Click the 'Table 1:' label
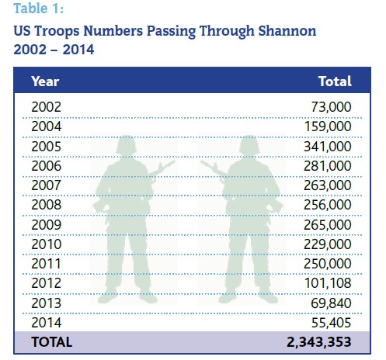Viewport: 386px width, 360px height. (38, 8)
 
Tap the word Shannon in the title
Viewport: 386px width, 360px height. (287, 31)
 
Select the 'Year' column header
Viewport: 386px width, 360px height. (45, 81)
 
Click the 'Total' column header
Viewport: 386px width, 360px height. (335, 81)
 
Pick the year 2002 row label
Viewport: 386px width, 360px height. (46, 107)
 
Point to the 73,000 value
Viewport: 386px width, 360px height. (331, 107)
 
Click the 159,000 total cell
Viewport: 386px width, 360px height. (328, 126)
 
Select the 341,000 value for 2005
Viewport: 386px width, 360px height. (328, 147)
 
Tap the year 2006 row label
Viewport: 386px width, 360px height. (46, 166)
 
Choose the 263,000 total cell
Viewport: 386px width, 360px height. (328, 185)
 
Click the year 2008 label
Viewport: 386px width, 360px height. (46, 205)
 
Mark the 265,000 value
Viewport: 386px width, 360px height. (328, 225)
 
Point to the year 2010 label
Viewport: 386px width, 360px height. (46, 244)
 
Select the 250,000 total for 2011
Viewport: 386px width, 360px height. (328, 264)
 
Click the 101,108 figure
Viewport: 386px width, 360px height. (328, 283)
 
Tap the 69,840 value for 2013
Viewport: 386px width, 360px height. (331, 303)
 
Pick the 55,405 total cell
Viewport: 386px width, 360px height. (332, 323)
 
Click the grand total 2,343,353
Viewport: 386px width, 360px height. (319, 342)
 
